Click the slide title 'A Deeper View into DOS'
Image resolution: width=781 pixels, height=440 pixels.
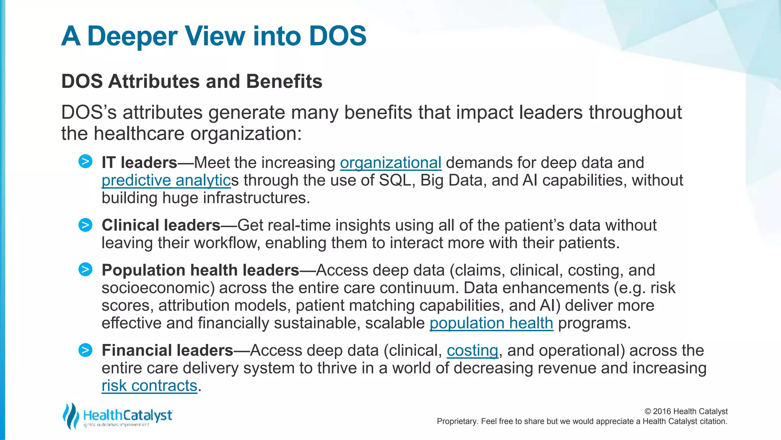214,36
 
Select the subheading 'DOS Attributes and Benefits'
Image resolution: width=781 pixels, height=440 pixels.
192,81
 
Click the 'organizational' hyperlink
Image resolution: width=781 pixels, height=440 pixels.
390,163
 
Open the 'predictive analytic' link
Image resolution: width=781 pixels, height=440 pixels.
166,180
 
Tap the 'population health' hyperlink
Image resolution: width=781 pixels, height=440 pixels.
491,323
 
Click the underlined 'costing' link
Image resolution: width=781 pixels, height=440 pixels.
472,351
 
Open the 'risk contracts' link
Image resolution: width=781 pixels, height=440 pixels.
149,386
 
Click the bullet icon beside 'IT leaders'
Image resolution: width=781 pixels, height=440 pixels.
85,162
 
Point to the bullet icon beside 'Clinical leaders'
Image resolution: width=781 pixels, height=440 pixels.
85,225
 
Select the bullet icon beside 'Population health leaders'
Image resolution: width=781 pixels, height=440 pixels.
85,270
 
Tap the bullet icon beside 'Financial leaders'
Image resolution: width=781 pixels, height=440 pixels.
85,350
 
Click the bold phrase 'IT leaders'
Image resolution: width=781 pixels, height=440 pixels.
139,163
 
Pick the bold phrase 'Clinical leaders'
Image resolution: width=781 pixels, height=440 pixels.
161,225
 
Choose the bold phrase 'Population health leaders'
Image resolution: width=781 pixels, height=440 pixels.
200,270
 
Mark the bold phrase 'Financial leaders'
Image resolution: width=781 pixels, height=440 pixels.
167,351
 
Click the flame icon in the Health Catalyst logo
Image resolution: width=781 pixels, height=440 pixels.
71,416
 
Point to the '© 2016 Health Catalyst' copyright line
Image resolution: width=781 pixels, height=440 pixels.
686,411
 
